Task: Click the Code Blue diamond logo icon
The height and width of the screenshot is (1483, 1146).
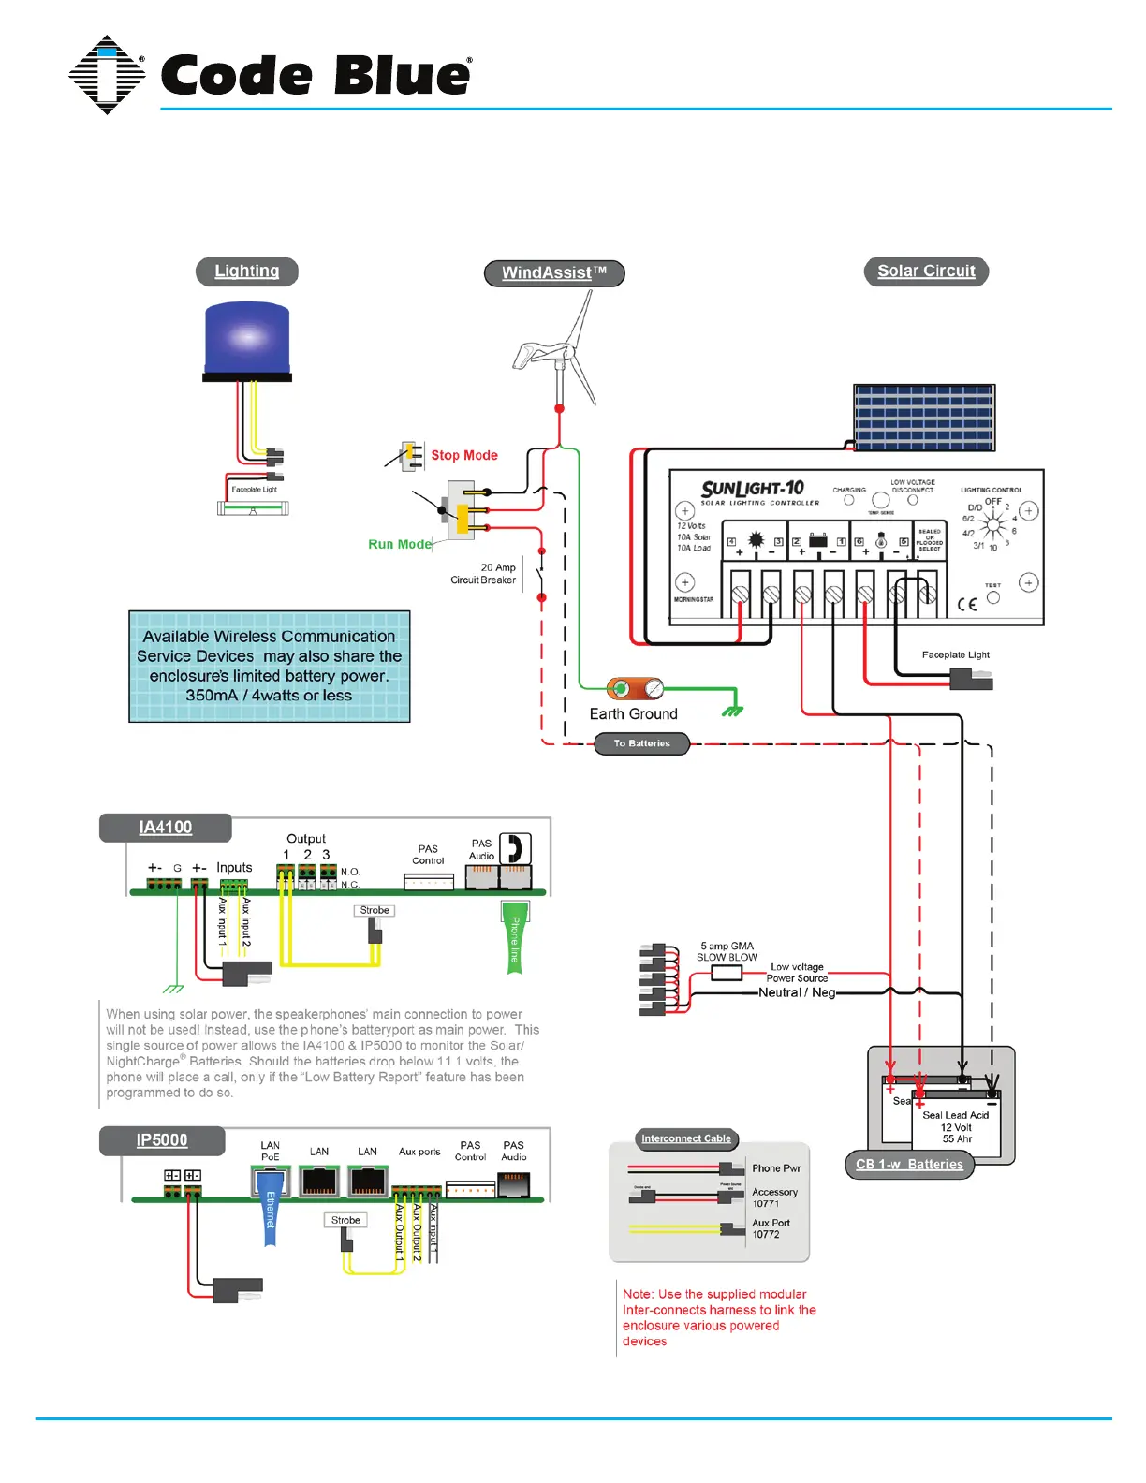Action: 107,75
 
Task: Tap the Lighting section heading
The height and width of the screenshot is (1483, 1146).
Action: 247,272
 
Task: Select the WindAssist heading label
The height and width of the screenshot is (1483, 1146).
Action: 554,273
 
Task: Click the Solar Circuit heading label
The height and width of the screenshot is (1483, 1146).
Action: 926,272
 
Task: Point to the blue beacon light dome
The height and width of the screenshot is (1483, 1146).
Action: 247,338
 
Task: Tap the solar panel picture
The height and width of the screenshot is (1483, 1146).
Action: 924,417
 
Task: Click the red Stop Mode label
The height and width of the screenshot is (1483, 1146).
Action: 464,456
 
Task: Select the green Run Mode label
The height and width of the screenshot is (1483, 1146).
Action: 400,544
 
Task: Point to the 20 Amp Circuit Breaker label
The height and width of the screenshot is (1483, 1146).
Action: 483,574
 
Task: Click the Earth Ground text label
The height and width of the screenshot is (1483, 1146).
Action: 633,714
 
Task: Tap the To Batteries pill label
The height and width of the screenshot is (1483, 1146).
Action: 642,744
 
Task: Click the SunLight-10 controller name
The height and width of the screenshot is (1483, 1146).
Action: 753,489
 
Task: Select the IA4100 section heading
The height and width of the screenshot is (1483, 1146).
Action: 166,828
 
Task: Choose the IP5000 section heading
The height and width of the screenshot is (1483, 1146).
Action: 162,1140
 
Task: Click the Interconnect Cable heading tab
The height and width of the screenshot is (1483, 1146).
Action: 686,1139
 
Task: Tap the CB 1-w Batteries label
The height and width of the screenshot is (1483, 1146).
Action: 909,1165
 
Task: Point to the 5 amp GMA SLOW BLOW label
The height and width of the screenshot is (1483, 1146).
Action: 727,952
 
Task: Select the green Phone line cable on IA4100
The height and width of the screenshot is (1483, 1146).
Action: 514,938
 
